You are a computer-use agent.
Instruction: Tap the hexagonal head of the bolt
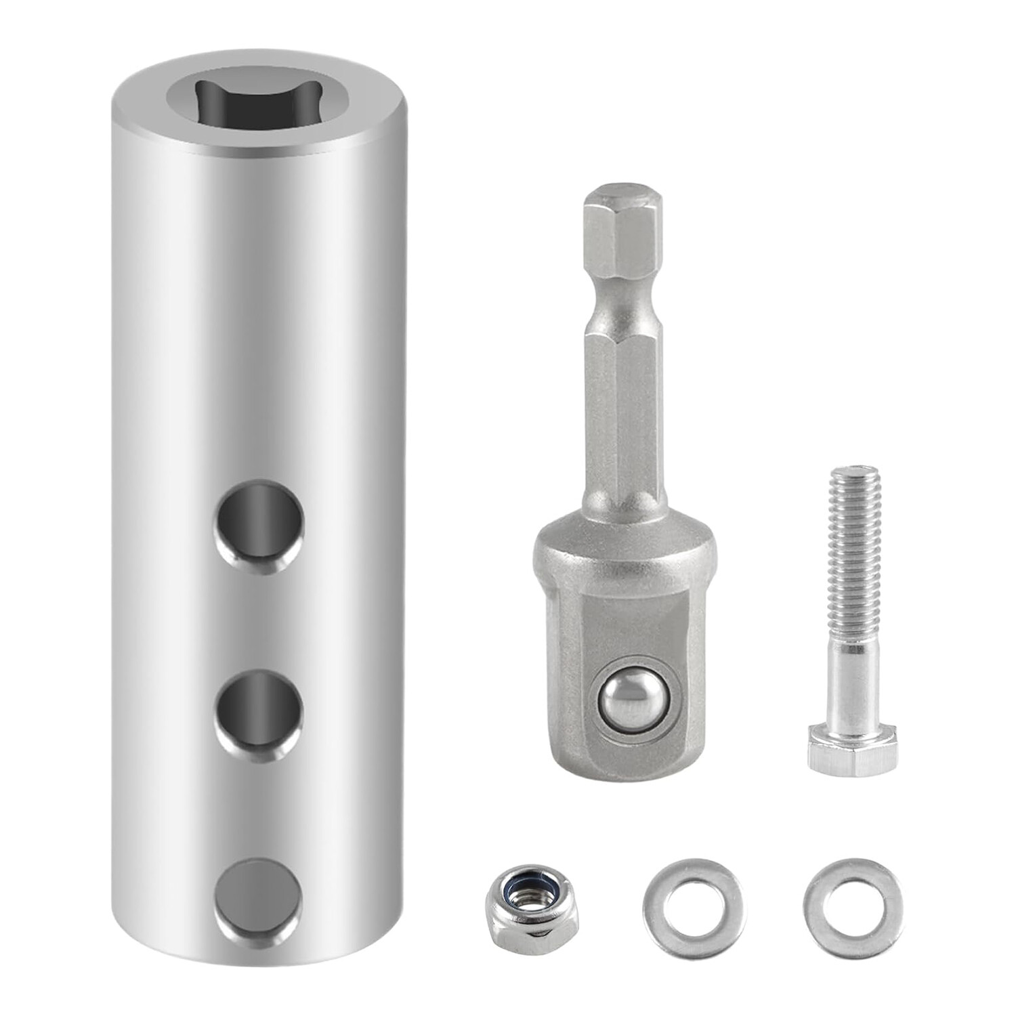852,748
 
